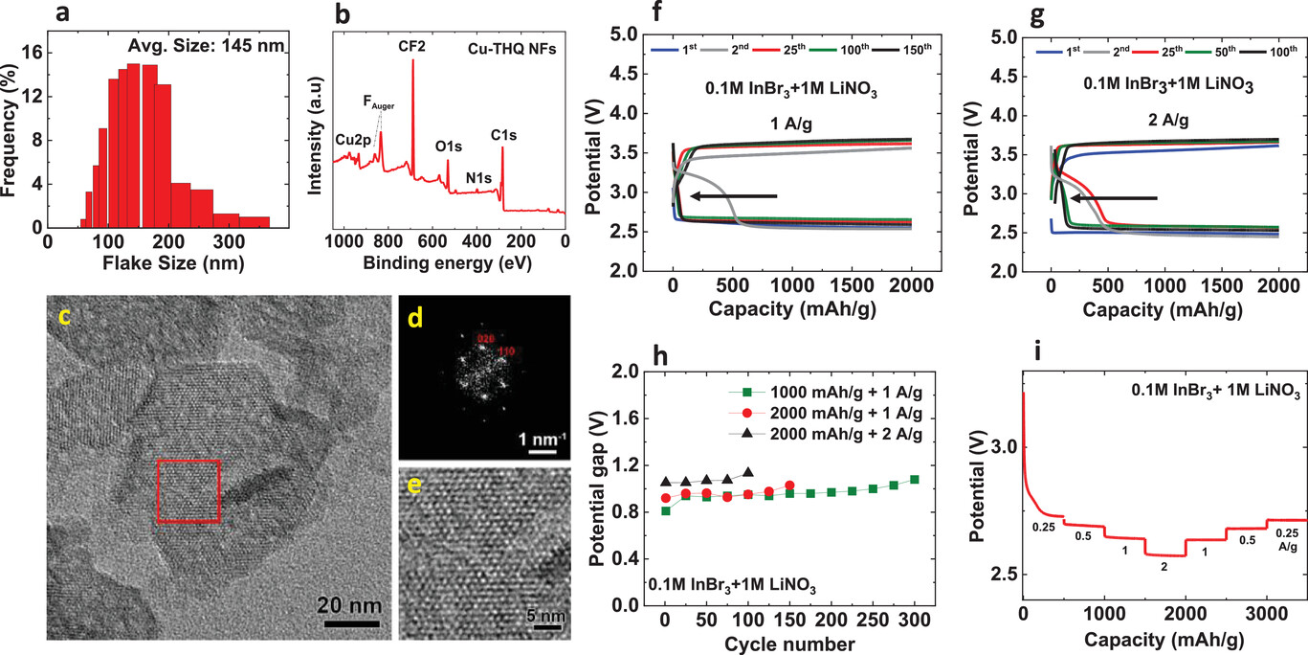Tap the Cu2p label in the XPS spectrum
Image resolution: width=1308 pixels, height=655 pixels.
[x=353, y=140]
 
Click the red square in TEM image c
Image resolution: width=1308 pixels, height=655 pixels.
[x=188, y=491]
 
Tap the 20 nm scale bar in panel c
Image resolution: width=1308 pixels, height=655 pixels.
[x=350, y=624]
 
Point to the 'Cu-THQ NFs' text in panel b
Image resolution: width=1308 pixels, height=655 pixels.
[x=524, y=46]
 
